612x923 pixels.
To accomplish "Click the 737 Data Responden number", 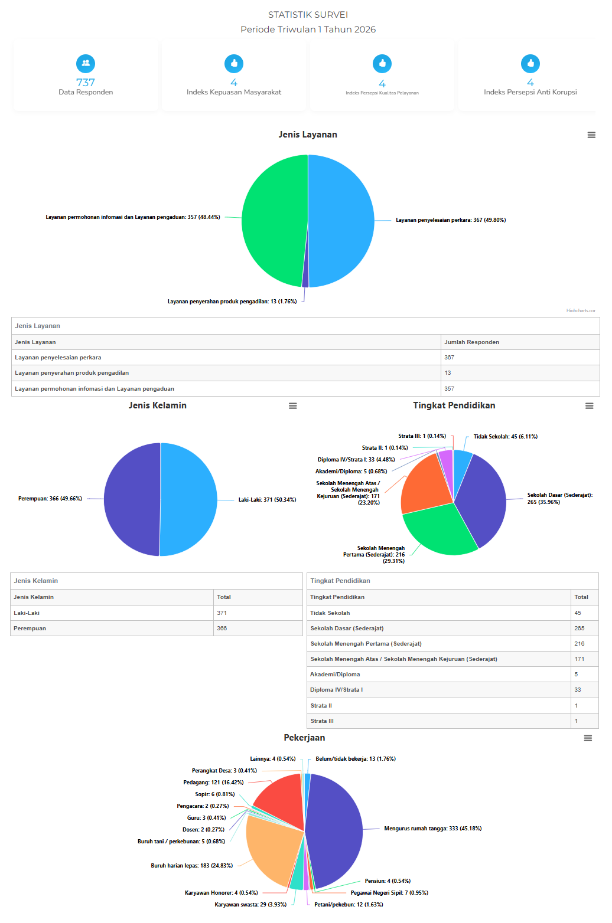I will pos(86,83).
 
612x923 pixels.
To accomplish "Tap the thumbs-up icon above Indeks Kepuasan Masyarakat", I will pos(234,63).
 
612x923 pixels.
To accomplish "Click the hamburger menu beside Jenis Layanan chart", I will pos(591,135).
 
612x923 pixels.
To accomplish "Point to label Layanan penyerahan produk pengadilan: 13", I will pos(232,302).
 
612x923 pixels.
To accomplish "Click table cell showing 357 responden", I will pos(450,389).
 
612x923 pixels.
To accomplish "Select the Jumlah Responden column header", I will pos(471,342).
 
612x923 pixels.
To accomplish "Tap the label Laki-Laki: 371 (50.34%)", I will pos(267,500).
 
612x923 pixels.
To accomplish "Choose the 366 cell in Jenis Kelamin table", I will pos(222,629).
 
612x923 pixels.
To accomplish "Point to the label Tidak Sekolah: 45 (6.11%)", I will pos(505,437).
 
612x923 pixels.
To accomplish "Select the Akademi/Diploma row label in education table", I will pos(335,675).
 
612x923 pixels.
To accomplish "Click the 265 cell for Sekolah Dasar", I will pos(579,629).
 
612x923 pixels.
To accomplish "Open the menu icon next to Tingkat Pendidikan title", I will pos(589,406).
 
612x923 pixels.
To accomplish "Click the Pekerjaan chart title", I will pos(304,738).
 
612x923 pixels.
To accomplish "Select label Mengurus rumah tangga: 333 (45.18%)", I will pos(432,829).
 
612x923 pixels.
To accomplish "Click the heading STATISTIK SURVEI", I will pos(308,15).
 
